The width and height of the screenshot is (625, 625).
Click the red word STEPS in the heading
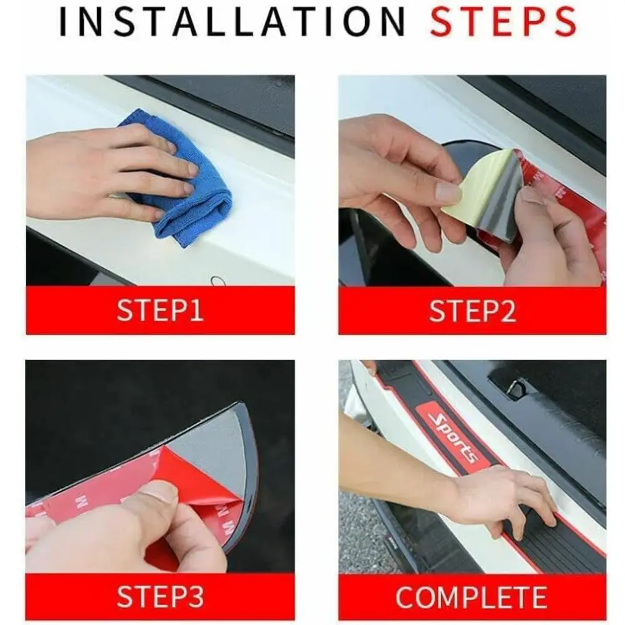pyautogui.click(x=503, y=21)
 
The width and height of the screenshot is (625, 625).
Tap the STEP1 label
pyautogui.click(x=160, y=311)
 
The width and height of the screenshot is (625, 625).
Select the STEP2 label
pyautogui.click(x=472, y=311)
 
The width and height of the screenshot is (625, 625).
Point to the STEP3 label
pyautogui.click(x=160, y=596)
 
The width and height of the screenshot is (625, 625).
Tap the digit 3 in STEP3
pyautogui.click(x=196, y=596)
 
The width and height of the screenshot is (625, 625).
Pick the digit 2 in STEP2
pyautogui.click(x=507, y=311)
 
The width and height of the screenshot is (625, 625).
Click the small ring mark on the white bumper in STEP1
pyautogui.click(x=218, y=279)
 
